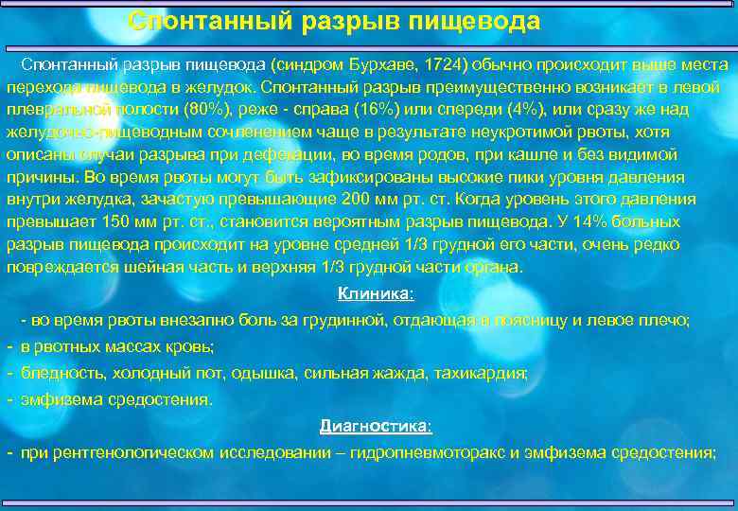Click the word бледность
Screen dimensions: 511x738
pyautogui.click(x=58, y=373)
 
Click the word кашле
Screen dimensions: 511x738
pyautogui.click(x=458, y=154)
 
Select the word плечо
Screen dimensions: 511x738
pyautogui.click(x=666, y=320)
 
